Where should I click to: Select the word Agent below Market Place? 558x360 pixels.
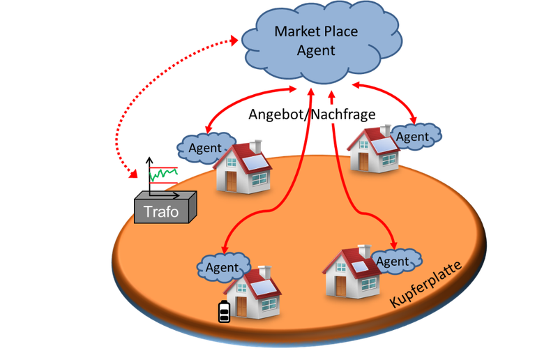[x=316, y=50]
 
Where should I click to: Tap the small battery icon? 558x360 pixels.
[x=223, y=312]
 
